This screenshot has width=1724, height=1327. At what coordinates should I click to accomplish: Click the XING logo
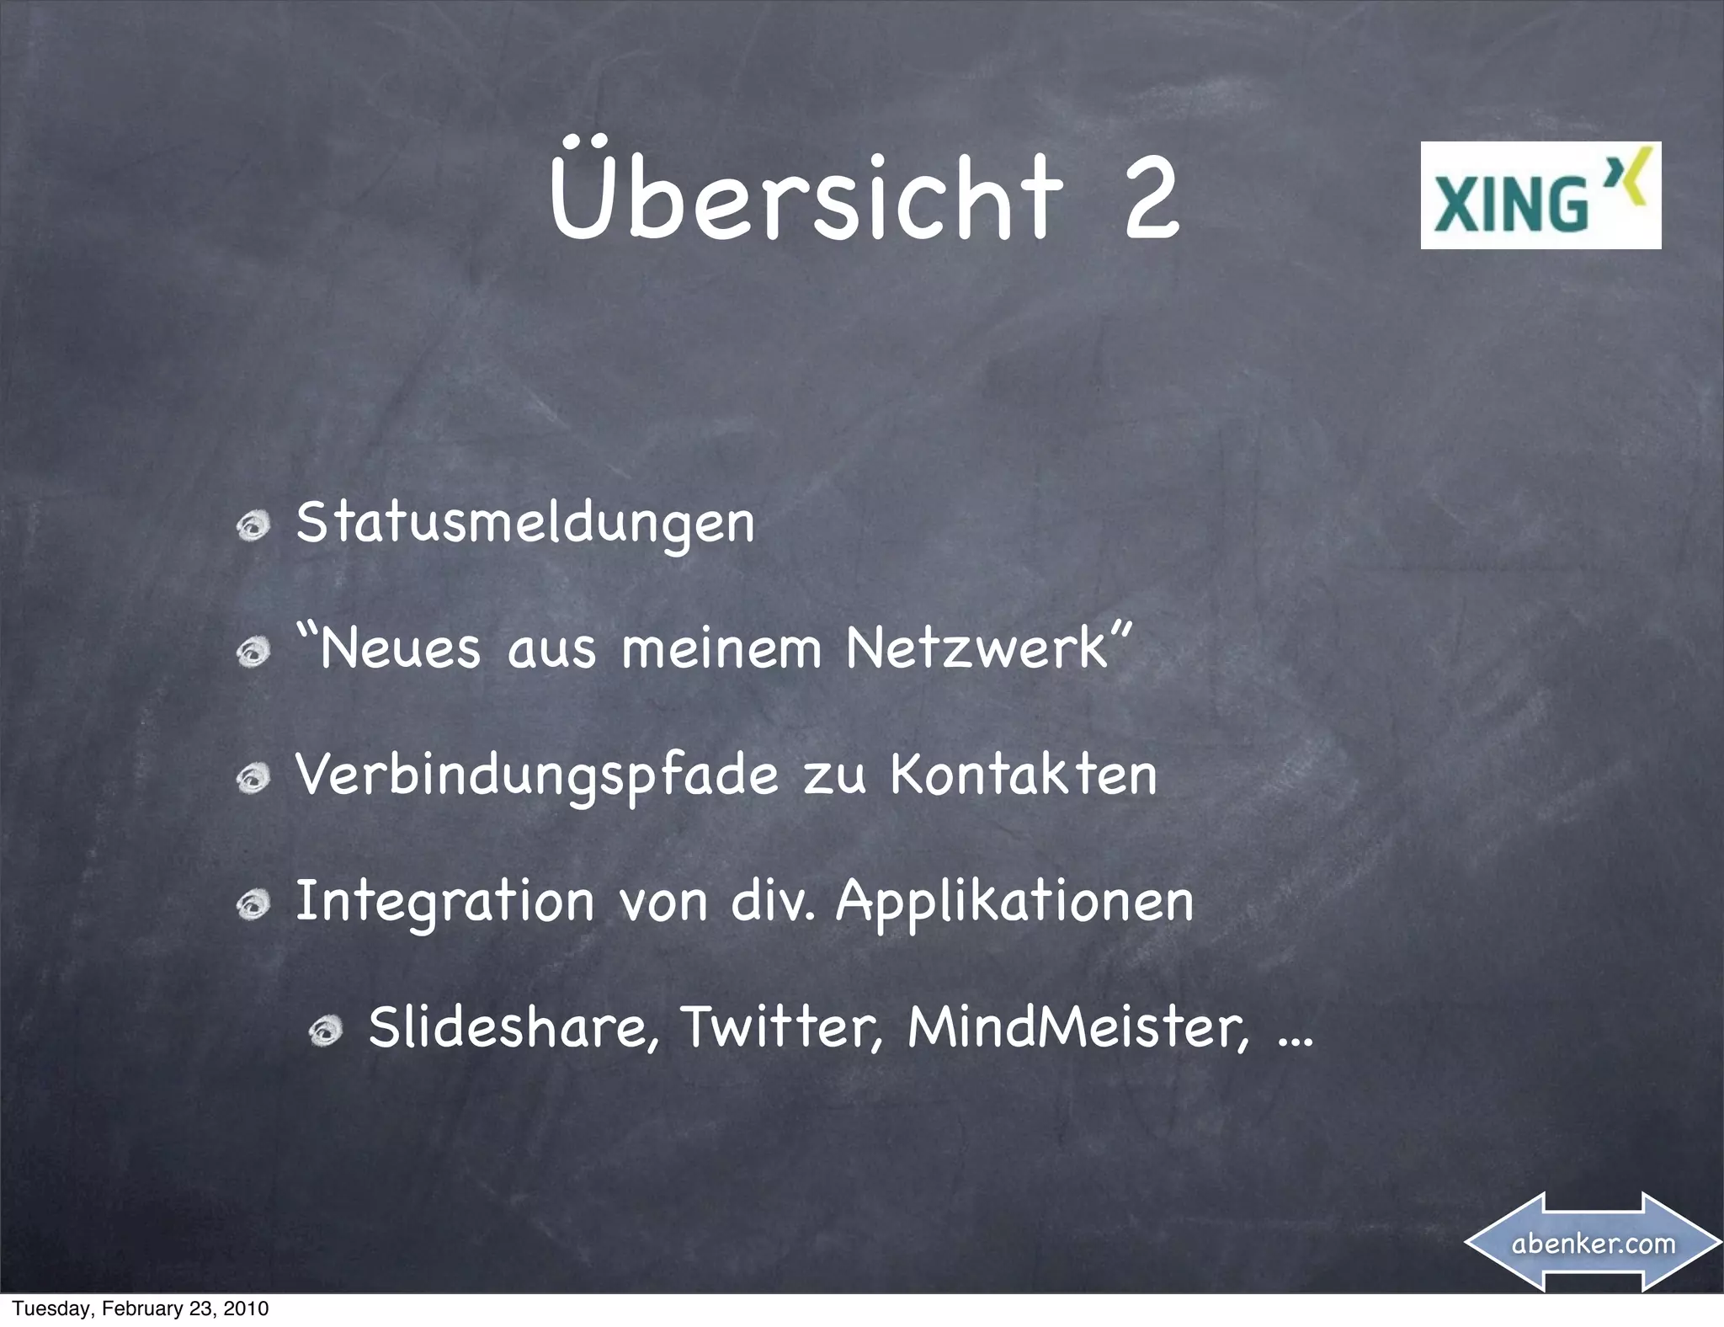[x=1540, y=195]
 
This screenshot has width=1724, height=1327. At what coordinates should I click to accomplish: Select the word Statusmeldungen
[x=525, y=524]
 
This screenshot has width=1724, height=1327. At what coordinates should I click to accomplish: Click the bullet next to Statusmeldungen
[x=253, y=528]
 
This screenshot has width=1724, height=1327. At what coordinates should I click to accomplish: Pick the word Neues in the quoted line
[x=400, y=649]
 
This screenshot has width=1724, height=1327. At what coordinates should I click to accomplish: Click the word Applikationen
[x=1014, y=902]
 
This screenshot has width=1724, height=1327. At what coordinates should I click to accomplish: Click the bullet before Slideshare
[x=325, y=1032]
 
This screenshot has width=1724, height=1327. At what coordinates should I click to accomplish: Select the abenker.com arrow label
[x=1594, y=1243]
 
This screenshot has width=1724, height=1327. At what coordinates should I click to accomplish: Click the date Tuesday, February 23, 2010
[x=141, y=1308]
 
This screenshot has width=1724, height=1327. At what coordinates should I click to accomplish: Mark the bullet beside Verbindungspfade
[x=253, y=780]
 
